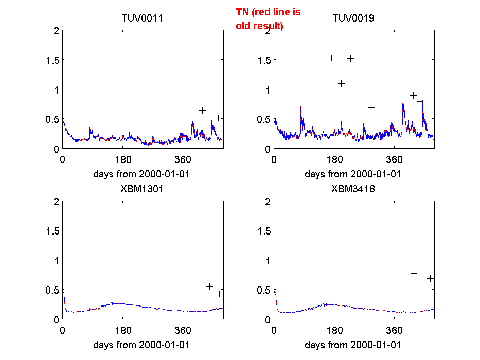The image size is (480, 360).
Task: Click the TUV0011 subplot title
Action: click(142, 19)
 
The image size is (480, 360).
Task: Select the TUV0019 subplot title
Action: click(353, 19)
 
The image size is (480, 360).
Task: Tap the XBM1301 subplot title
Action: click(142, 189)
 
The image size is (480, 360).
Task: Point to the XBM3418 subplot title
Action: click(353, 189)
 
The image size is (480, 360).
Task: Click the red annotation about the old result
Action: click(268, 19)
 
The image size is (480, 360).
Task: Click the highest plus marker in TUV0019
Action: click(332, 58)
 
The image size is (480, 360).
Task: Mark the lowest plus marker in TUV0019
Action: click(371, 107)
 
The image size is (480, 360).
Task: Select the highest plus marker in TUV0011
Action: click(203, 110)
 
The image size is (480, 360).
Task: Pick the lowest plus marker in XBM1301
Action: click(219, 294)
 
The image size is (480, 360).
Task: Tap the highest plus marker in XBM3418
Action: click(414, 273)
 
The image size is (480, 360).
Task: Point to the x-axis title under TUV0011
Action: click(141, 174)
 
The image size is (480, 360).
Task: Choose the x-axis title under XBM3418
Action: click(353, 345)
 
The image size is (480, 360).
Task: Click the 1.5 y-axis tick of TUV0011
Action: click(52, 60)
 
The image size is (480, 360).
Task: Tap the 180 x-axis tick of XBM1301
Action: click(123, 330)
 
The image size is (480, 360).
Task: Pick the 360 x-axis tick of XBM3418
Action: click(395, 330)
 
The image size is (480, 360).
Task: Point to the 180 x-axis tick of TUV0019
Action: click(334, 159)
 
